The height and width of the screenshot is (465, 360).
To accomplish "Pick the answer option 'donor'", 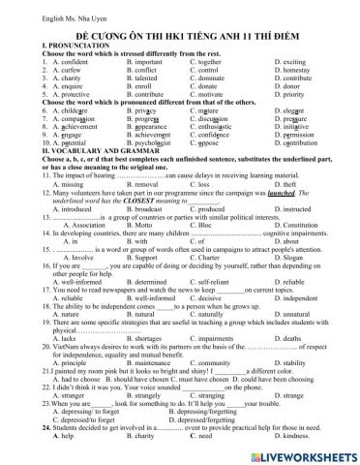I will click(290, 98).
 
